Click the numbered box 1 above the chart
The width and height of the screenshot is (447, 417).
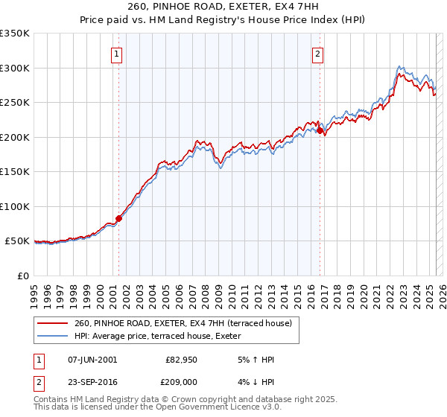(118, 53)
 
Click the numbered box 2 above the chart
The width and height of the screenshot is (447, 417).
(318, 53)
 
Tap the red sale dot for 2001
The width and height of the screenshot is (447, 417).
(118, 218)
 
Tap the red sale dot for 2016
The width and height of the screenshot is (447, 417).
(320, 130)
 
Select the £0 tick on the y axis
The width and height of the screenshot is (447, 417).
(22, 276)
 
